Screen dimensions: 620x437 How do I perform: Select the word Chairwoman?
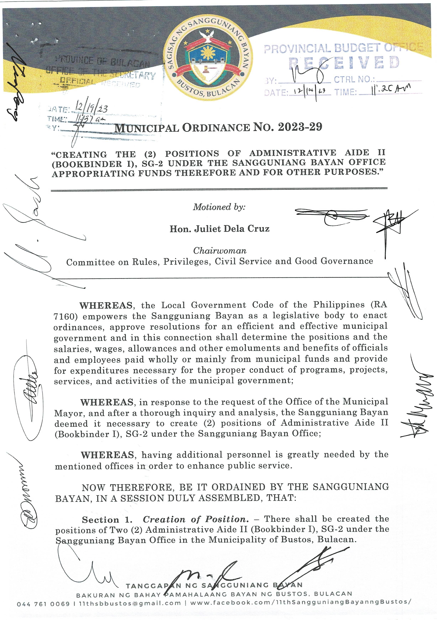(x=219, y=251)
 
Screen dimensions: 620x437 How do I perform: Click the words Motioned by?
(x=219, y=207)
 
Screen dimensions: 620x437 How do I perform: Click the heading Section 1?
(x=107, y=520)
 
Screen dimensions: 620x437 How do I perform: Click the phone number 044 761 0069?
(x=43, y=603)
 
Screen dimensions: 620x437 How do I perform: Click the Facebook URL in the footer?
(x=300, y=602)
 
